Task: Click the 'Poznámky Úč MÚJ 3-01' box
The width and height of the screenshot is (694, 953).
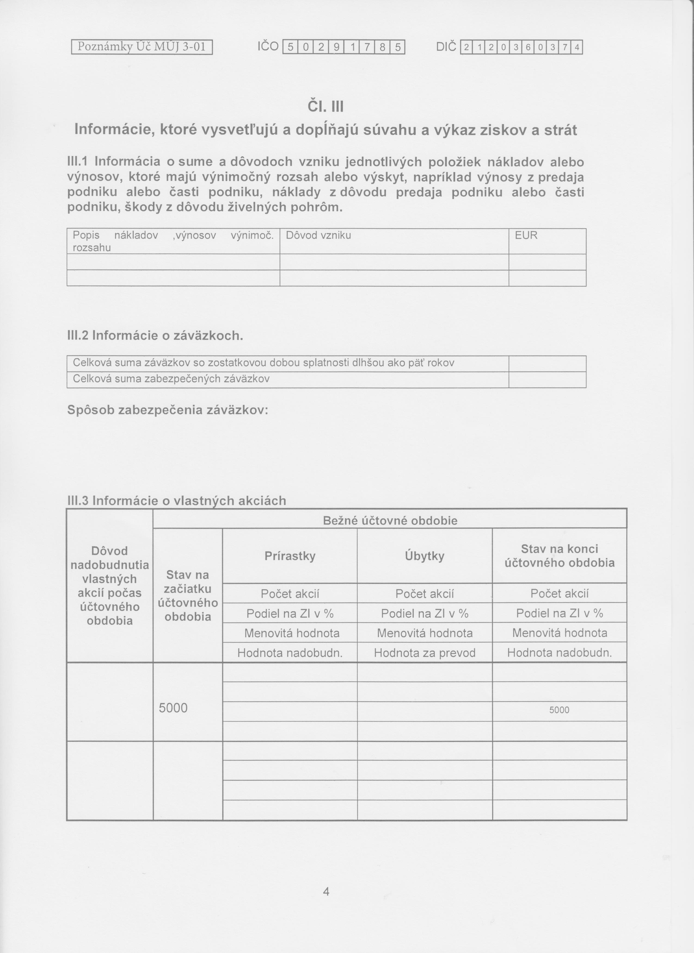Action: pyautogui.click(x=142, y=47)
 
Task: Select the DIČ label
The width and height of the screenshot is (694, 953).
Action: pyautogui.click(x=446, y=47)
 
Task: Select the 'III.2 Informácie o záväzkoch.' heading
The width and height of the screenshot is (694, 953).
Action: pyautogui.click(x=155, y=336)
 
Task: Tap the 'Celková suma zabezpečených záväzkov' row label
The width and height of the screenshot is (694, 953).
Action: pyautogui.click(x=171, y=379)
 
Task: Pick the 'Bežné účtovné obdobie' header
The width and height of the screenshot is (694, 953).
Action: pyautogui.click(x=390, y=521)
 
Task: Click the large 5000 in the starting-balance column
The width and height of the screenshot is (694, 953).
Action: pyautogui.click(x=173, y=709)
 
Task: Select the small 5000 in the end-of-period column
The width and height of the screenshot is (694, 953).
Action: pyautogui.click(x=559, y=710)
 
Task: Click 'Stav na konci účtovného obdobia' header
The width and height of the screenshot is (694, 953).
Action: pyautogui.click(x=559, y=556)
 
